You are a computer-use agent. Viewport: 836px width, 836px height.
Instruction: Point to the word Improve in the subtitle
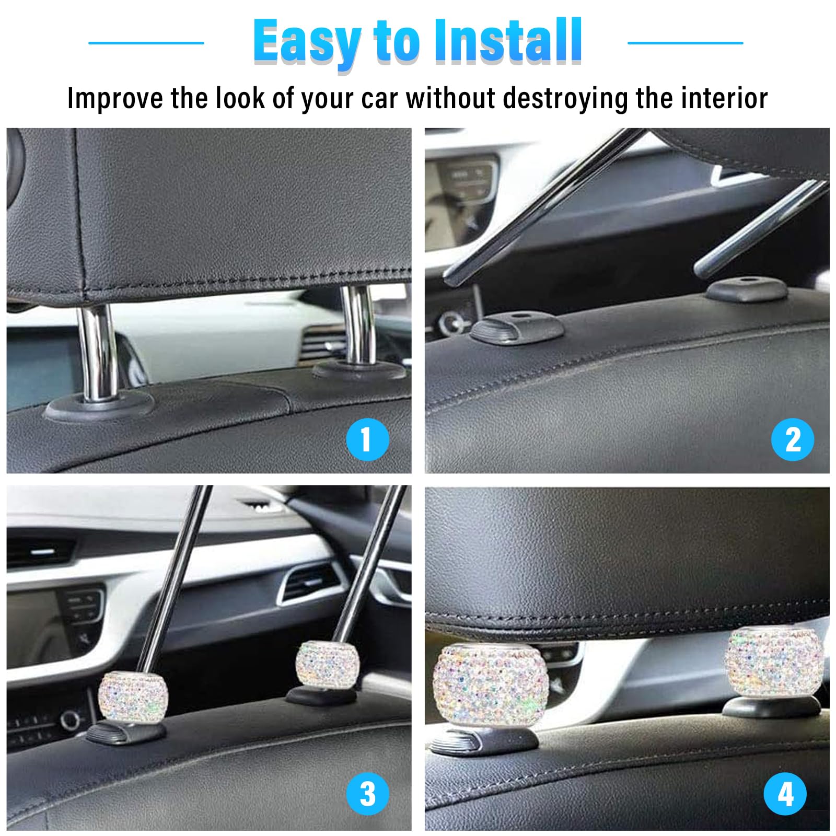point(115,99)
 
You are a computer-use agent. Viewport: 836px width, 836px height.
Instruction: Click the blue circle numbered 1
point(367,439)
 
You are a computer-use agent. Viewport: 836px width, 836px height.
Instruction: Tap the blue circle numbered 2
point(793,439)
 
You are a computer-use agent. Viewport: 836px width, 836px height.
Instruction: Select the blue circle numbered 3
point(367,794)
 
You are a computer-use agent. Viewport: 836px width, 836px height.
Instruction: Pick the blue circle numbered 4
point(785,794)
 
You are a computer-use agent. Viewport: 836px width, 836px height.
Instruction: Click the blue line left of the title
point(146,43)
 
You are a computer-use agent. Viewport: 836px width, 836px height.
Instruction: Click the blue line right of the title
point(685,43)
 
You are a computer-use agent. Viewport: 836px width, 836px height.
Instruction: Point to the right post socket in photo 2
point(747,289)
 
